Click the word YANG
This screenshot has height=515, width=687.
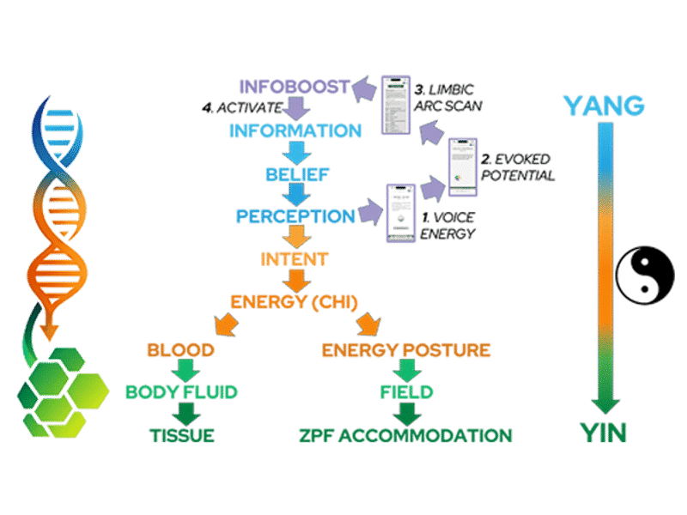point(604,106)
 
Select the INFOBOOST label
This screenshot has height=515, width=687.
point(295,87)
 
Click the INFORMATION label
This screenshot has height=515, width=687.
point(295,131)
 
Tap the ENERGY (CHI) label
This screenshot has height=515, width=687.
point(295,301)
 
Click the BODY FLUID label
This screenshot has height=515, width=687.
point(179,392)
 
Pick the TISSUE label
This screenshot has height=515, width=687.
point(179,434)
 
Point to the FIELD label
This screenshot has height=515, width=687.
point(406,392)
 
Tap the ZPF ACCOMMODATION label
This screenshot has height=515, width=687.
point(405,434)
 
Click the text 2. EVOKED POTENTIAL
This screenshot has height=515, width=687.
point(517,167)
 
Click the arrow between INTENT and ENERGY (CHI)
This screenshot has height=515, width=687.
point(295,279)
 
